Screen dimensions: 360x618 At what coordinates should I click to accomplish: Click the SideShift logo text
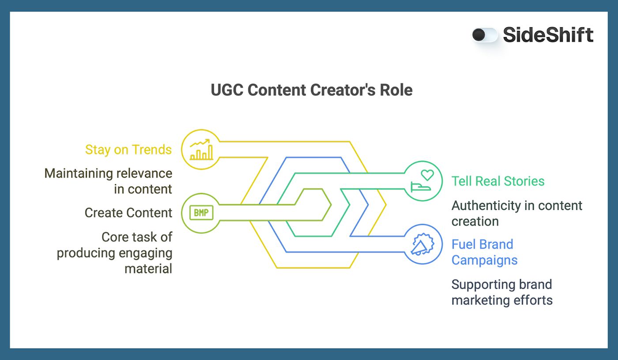[548, 35]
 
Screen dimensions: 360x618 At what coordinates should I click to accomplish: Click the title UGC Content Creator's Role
[312, 90]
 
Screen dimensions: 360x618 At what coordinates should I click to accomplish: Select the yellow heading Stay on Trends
[128, 150]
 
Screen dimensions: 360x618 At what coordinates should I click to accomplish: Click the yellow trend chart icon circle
[201, 150]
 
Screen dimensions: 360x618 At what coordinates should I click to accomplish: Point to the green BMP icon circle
[201, 213]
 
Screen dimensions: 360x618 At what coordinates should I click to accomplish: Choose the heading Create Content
[128, 213]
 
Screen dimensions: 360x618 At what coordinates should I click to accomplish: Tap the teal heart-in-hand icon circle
[423, 181]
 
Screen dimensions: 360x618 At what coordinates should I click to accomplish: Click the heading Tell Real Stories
[498, 181]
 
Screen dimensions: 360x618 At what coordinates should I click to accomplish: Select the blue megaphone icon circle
[423, 244]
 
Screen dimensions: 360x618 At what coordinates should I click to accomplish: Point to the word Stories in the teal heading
[523, 181]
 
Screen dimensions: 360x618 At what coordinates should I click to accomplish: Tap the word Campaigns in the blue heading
[484, 260]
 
